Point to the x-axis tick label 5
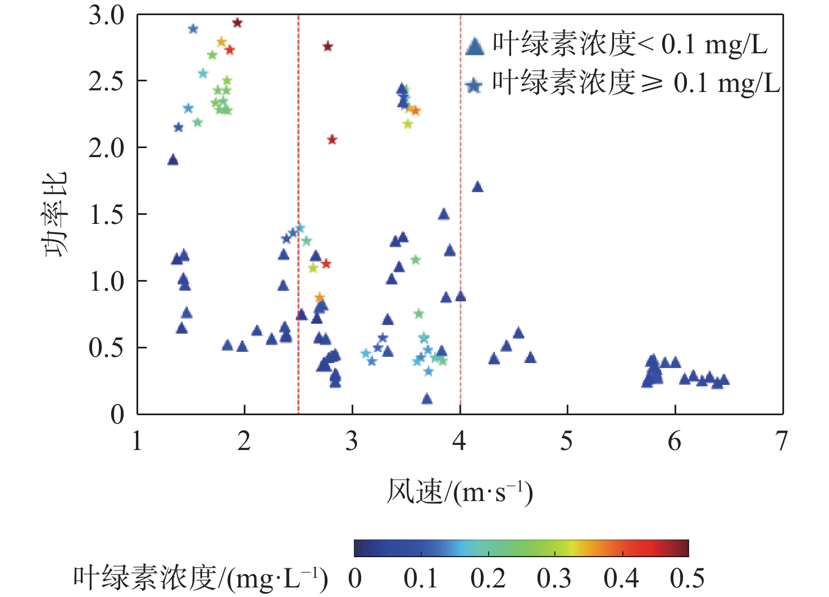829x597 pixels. [x=567, y=442]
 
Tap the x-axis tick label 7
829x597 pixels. [x=782, y=442]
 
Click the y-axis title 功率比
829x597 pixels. [x=56, y=214]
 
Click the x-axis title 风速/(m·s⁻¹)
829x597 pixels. [x=459, y=492]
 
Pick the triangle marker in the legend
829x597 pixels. [x=475, y=46]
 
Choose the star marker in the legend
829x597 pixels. [x=475, y=85]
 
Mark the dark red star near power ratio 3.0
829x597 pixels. [x=237, y=23]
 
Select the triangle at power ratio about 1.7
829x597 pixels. [x=477, y=187]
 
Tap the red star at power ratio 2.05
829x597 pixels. [x=332, y=140]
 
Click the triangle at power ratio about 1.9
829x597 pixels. [x=173, y=160]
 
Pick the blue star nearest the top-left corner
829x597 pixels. [x=193, y=29]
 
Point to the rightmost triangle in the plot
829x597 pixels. [x=724, y=380]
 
